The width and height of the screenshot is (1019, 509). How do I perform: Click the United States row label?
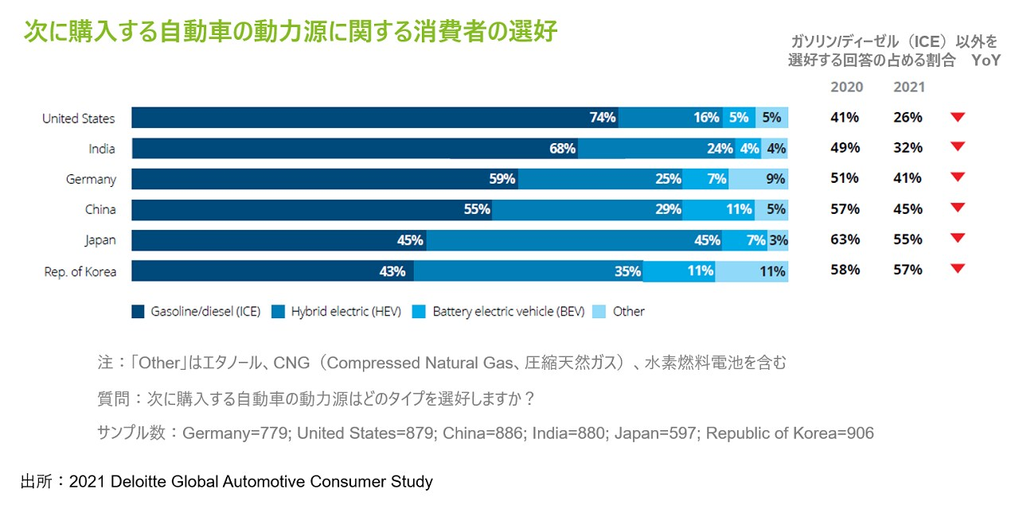click(78, 119)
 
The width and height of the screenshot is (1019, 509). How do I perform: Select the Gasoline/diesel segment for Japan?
click(279, 240)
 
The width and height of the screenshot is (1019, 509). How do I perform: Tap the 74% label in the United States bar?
click(603, 118)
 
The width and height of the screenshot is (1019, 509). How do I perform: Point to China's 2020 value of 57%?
click(845, 209)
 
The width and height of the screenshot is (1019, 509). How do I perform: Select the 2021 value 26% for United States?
click(908, 118)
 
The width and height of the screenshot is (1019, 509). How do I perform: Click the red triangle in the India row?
click(958, 146)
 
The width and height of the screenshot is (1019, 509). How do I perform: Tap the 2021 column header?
click(909, 87)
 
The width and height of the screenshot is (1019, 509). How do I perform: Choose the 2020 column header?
click(846, 87)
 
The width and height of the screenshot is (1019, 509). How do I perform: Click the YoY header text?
click(986, 61)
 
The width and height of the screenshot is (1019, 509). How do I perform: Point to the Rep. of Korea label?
click(80, 271)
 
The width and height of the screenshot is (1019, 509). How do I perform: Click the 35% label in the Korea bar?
click(627, 271)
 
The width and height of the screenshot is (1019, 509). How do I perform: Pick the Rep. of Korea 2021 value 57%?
click(908, 270)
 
